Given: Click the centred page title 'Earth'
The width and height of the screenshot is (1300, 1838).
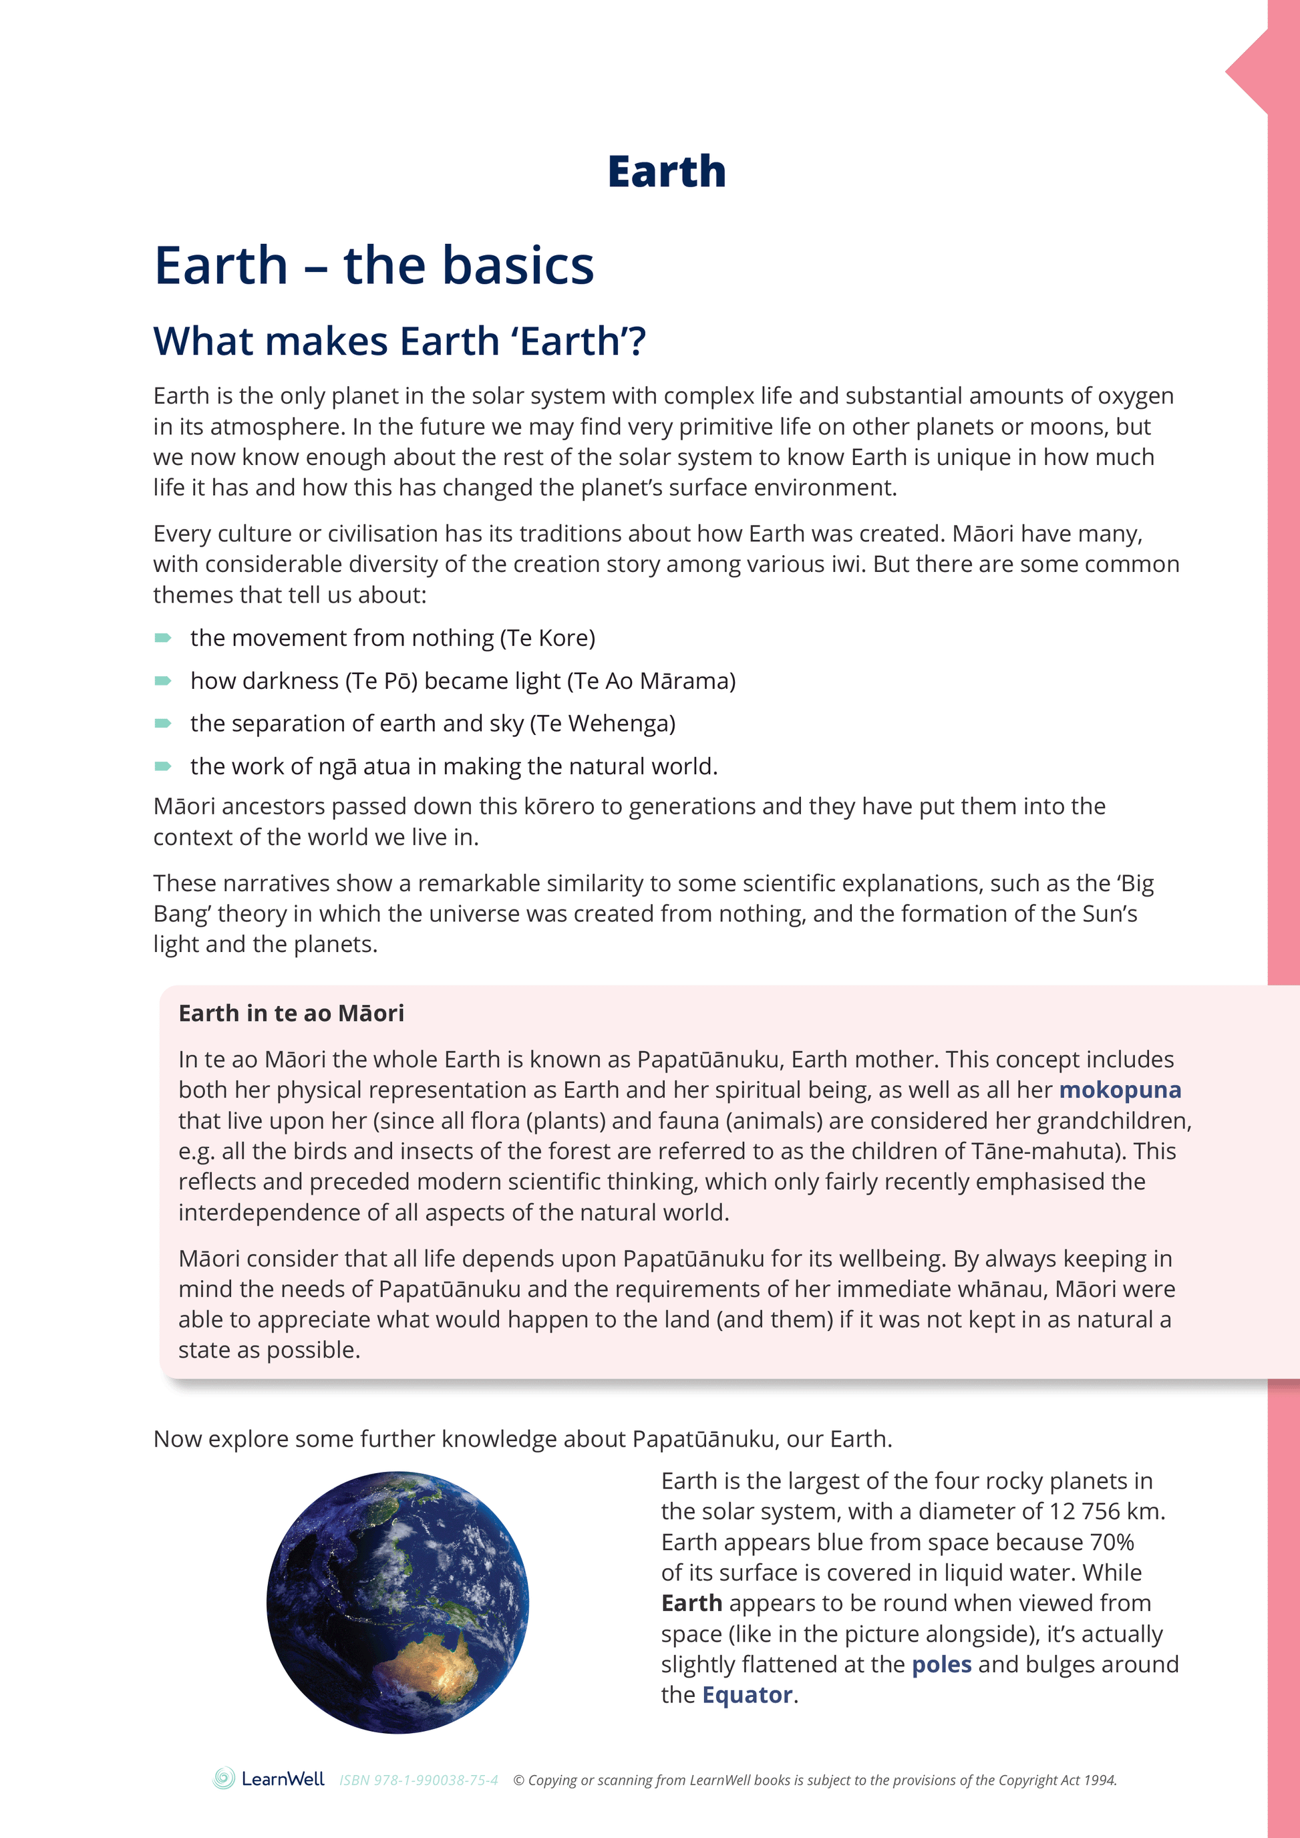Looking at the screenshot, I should coord(666,172).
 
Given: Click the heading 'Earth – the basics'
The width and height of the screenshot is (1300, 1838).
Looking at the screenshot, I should coord(374,266).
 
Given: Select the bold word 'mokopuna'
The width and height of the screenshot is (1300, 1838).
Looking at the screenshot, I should coord(1119,1090).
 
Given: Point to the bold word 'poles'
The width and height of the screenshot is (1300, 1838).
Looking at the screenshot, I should coord(941,1664).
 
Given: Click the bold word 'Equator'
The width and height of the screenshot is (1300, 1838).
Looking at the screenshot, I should coord(747,1695).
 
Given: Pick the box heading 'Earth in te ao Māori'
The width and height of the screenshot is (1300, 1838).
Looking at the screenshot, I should coord(291,1014).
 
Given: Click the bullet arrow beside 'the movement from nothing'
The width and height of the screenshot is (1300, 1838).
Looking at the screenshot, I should coord(162,638).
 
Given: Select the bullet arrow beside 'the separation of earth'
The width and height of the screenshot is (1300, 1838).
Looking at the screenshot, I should coord(162,724).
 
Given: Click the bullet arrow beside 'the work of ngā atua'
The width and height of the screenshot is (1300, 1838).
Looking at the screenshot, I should coord(162,767).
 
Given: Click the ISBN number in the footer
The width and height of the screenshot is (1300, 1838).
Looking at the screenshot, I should coord(419,1781).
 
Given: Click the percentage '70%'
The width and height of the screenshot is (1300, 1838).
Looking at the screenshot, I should coord(1112,1542).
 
